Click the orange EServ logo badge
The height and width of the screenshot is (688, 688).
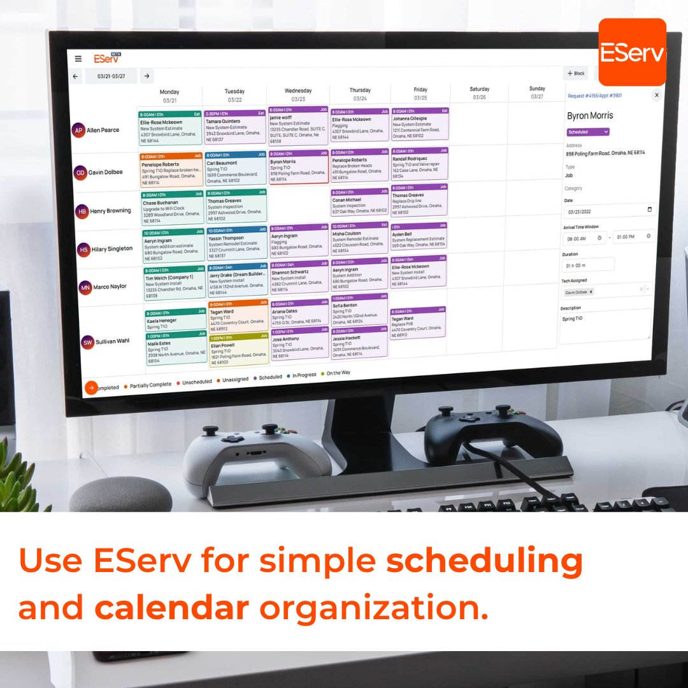[x=632, y=52]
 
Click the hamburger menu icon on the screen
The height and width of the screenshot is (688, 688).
[x=78, y=59]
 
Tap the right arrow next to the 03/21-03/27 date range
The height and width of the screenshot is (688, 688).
[x=147, y=76]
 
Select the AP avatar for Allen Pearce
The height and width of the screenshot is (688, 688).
[x=78, y=130]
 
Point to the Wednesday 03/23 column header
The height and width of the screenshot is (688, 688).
[x=298, y=94]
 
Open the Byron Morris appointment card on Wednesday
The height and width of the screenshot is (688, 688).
[x=298, y=167]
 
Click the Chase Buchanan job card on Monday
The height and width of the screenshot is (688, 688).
[x=171, y=208]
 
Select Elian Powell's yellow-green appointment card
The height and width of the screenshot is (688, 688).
[x=238, y=350]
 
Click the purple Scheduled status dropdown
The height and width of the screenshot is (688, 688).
[x=587, y=132]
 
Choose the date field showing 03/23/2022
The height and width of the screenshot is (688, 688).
[x=608, y=210]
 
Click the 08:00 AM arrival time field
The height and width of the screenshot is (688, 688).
[x=584, y=237]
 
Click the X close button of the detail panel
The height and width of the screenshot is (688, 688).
[x=656, y=95]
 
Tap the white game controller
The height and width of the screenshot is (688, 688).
[x=255, y=452]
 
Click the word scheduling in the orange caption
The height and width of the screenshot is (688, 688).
[x=485, y=561]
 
